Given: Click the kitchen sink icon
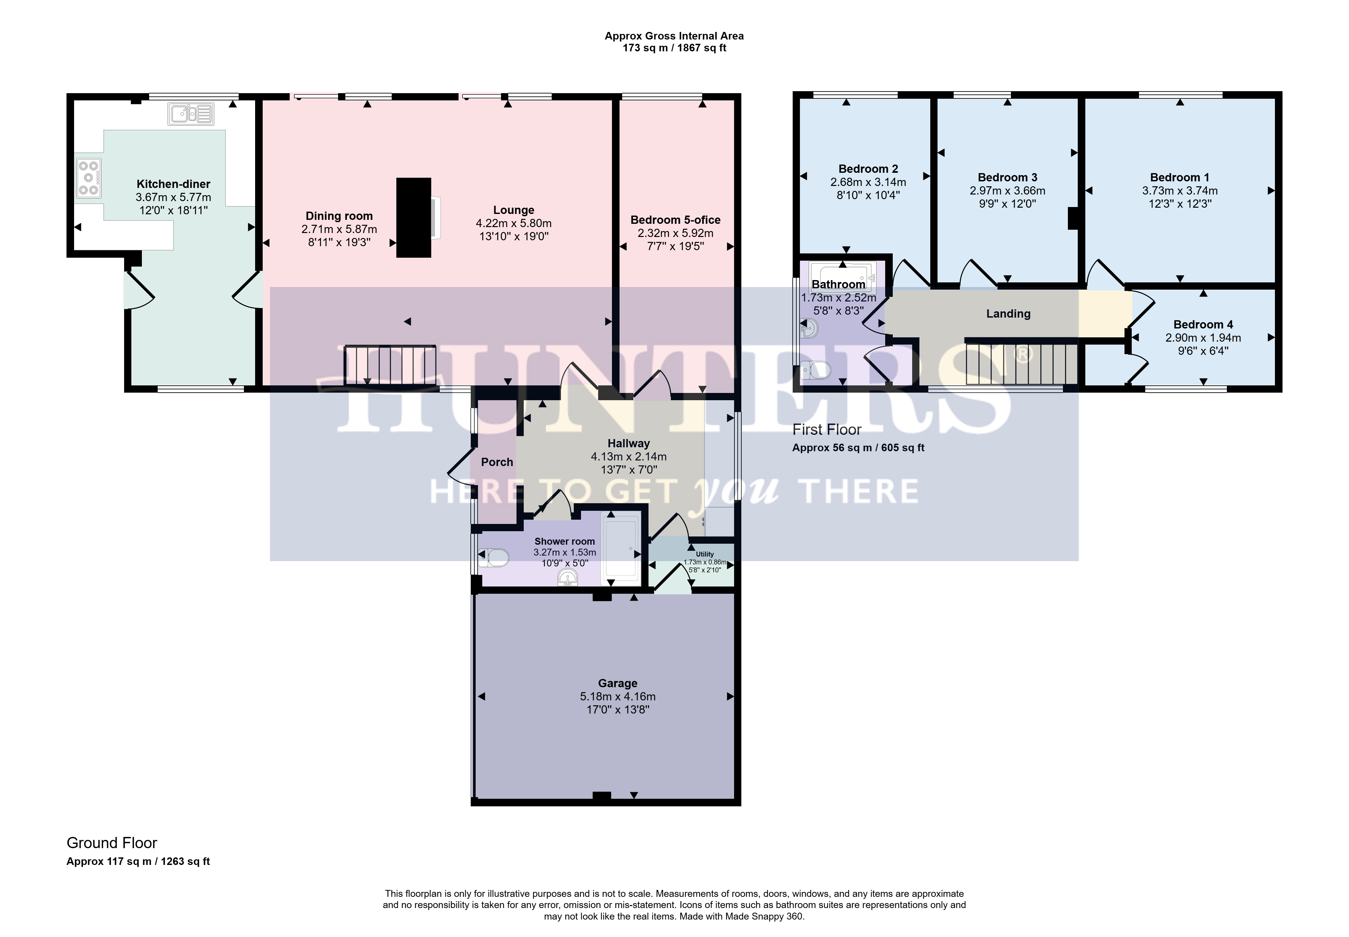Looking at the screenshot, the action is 191,114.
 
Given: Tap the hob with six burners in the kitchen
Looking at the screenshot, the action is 88,177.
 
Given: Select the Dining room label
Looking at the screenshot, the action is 339,216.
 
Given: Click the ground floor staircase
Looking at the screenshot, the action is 390,365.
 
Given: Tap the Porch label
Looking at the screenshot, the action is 497,462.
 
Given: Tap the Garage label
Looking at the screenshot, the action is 618,683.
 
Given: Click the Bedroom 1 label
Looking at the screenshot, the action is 1180,177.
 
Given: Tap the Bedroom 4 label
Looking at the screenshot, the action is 1204,325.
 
